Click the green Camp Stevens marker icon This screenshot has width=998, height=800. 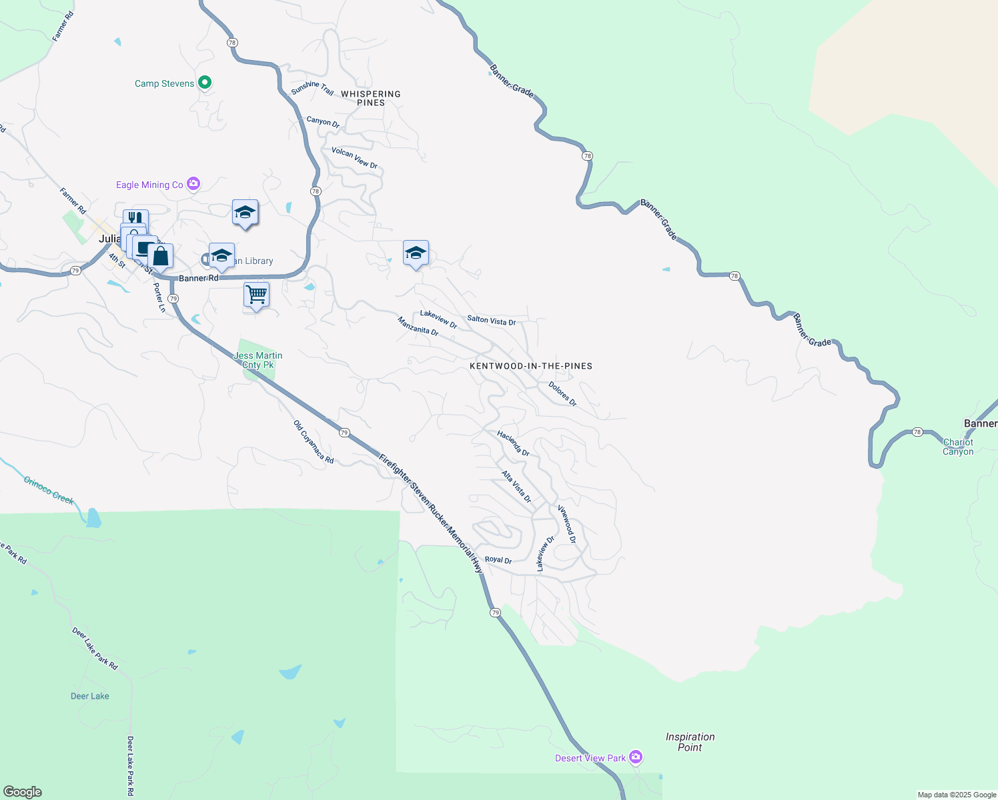tap(205, 83)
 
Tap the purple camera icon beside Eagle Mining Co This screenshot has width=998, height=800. tap(193, 184)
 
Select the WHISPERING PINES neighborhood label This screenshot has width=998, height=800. tap(371, 98)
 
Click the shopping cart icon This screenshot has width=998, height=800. tap(257, 295)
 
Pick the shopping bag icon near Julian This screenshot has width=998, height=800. tap(161, 256)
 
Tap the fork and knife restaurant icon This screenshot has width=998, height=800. tap(135, 218)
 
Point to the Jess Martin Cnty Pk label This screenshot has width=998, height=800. tap(258, 360)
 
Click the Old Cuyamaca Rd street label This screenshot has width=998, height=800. tap(314, 441)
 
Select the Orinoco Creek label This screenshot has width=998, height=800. tap(49, 490)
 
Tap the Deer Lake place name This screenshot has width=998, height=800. tap(90, 696)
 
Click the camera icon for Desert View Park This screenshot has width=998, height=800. tap(636, 757)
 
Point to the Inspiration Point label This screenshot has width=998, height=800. tap(690, 742)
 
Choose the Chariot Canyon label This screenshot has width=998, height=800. tap(958, 447)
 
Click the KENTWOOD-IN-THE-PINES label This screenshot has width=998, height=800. tap(531, 366)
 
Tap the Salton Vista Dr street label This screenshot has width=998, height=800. tap(492, 321)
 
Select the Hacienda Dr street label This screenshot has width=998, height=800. tap(513, 443)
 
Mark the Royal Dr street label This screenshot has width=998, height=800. tap(498, 560)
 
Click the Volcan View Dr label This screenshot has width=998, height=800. tap(355, 158)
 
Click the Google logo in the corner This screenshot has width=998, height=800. tap(23, 791)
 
